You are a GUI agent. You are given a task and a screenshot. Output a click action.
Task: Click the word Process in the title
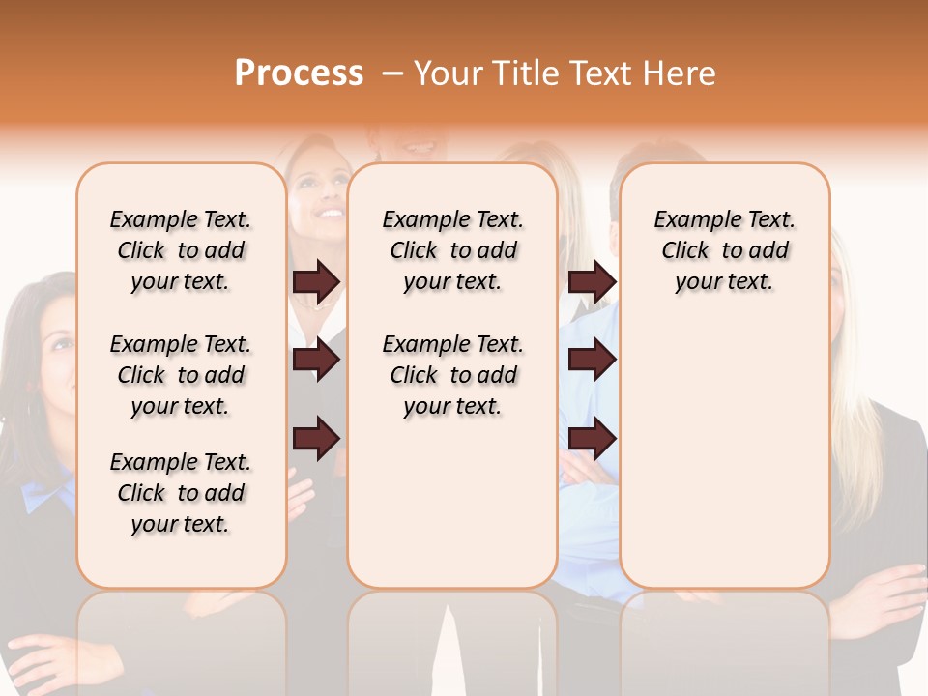pos(299,73)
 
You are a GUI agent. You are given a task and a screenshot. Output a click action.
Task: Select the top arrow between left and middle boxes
pos(317,281)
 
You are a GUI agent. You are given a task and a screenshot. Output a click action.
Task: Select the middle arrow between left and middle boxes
pos(317,360)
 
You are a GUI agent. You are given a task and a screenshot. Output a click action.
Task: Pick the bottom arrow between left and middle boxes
pos(317,439)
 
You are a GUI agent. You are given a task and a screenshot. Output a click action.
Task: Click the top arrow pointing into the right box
pos(592,281)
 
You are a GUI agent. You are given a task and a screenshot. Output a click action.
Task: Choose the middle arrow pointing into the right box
pos(592,360)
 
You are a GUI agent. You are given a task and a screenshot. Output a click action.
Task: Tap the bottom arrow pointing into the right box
pos(592,439)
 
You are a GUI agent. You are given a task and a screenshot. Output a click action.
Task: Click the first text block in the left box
pos(181,250)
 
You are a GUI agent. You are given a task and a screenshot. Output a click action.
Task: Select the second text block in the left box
pos(181,375)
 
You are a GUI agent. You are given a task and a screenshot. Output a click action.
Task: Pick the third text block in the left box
pos(181,493)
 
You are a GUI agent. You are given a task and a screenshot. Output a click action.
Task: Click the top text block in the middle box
pos(452,250)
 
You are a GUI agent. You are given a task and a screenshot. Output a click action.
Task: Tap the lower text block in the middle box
pos(452,375)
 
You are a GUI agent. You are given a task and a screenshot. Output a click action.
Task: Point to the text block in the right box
pos(724,250)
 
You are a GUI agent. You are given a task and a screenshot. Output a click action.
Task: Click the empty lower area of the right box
pos(724,454)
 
